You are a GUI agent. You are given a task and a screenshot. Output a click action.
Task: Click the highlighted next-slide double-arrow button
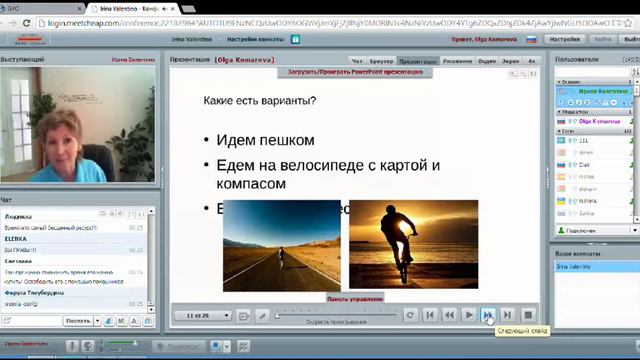click(x=488, y=315)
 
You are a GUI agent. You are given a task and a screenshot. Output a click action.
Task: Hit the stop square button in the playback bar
click(x=528, y=315)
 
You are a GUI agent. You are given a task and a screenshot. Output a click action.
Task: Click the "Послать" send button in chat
click(x=77, y=321)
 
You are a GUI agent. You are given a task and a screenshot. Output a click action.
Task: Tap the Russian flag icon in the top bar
click(x=531, y=39)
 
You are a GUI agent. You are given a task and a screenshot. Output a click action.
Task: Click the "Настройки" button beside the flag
click(x=564, y=39)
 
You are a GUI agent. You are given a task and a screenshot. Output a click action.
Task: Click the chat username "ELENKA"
click(x=16, y=240)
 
